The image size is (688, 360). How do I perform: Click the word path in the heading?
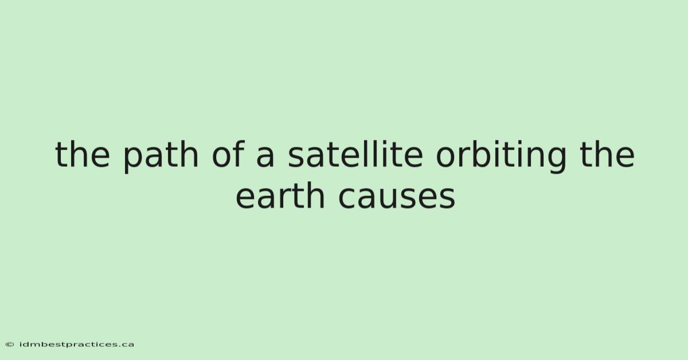click(x=161, y=156)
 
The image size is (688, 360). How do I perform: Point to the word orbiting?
click(x=501, y=156)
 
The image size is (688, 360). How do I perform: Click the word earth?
click(x=280, y=195)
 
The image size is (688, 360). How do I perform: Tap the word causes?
click(x=397, y=198)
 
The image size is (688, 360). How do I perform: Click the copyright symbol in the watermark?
click(x=10, y=345)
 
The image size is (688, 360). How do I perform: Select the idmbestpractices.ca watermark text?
click(x=77, y=345)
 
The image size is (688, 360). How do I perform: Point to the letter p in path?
click(x=133, y=160)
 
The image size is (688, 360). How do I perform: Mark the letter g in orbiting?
click(x=556, y=160)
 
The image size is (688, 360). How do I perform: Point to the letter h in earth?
click(x=315, y=195)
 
